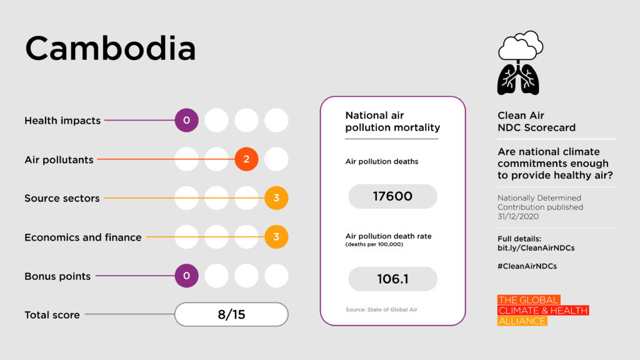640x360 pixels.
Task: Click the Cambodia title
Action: (110, 49)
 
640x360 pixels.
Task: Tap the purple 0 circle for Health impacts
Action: (186, 120)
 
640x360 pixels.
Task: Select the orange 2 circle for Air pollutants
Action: (246, 159)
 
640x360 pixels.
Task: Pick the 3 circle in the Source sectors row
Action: (276, 198)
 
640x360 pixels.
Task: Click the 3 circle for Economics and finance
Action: (276, 237)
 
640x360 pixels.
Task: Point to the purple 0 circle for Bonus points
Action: (186, 276)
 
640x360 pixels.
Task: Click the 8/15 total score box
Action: (231, 314)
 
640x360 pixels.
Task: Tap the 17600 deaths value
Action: (392, 196)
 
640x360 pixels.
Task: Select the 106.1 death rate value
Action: (392, 279)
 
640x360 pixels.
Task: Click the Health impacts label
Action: (62, 121)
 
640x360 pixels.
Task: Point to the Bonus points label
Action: (57, 276)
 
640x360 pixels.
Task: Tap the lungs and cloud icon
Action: (519, 62)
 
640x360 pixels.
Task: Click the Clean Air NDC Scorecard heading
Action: (536, 121)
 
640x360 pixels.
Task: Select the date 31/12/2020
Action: (517, 216)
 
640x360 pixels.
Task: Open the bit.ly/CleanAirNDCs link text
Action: (536, 248)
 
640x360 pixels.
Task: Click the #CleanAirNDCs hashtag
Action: (527, 266)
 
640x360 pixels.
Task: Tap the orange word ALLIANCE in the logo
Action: (522, 321)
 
